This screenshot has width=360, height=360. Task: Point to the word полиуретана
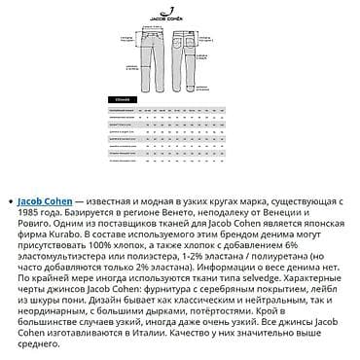coord(304,270)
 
